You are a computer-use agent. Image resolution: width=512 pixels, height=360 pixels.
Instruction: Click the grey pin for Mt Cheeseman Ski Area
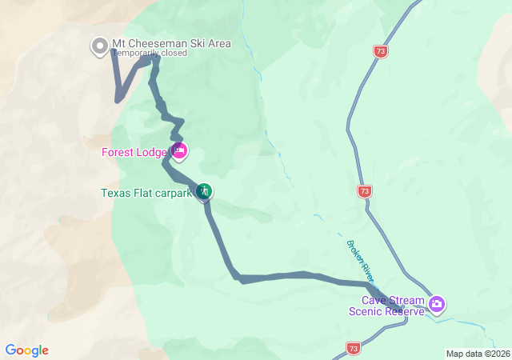tap(99, 46)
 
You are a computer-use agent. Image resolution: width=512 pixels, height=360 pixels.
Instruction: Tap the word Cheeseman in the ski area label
tap(156, 44)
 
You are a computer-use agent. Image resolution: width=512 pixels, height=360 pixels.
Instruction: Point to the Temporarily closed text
tap(150, 54)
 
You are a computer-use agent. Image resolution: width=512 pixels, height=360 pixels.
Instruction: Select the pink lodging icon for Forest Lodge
tap(179, 150)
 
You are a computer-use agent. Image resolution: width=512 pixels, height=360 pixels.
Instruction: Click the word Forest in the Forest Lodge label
tap(118, 152)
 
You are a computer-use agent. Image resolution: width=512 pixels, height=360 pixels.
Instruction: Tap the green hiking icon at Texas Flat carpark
tap(204, 190)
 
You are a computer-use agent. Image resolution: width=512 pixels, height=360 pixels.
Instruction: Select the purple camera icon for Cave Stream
tap(437, 303)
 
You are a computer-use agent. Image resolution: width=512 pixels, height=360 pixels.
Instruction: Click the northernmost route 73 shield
tap(380, 51)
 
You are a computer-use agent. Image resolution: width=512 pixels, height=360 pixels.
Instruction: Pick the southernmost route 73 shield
tap(354, 348)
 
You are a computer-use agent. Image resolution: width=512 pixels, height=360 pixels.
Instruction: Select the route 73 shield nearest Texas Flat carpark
tap(365, 191)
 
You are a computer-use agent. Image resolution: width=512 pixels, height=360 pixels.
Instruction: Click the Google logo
tap(27, 350)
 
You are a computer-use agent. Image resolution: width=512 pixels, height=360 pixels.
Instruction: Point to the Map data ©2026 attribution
tap(477, 354)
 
